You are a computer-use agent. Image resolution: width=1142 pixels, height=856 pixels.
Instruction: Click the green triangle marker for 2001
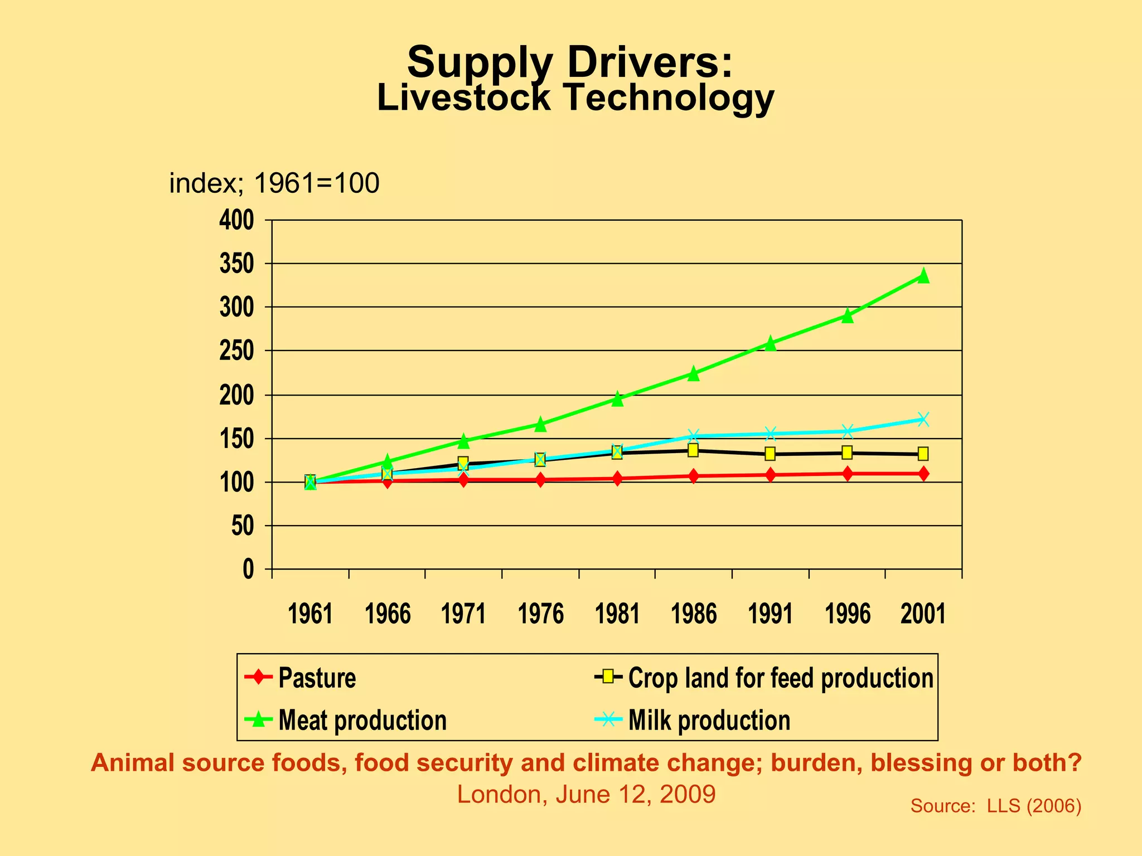pos(923,276)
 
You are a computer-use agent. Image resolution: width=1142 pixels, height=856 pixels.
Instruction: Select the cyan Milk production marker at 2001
pos(923,419)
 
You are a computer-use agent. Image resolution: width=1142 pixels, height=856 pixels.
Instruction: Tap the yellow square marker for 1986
pos(693,450)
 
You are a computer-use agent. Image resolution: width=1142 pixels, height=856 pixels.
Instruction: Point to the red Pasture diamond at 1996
pos(848,474)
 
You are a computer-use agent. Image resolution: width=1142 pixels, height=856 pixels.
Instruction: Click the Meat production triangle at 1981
pos(617,399)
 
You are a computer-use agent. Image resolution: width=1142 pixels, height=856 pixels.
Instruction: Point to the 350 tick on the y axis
pos(236,264)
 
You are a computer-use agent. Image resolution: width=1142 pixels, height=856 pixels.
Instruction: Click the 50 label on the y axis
pos(243,526)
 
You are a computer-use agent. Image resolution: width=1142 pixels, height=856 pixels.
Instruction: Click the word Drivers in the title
pos(650,62)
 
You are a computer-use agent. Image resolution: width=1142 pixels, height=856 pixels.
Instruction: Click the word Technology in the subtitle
pos(668,98)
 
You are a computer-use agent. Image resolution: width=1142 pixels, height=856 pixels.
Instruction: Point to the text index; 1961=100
pos(274,183)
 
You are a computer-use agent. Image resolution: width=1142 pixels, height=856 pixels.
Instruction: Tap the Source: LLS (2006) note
pos(995,806)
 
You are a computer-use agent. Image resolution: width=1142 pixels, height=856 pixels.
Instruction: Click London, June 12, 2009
pos(586,794)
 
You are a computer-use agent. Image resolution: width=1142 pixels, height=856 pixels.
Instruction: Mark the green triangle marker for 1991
pos(770,343)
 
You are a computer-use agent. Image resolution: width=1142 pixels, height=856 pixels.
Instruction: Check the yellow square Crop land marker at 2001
pos(923,454)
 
